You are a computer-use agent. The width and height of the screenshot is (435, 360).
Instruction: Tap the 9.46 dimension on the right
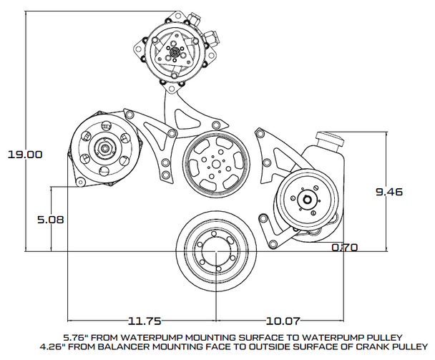click(x=390, y=192)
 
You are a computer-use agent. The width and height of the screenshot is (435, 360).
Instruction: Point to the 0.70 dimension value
click(x=345, y=248)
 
